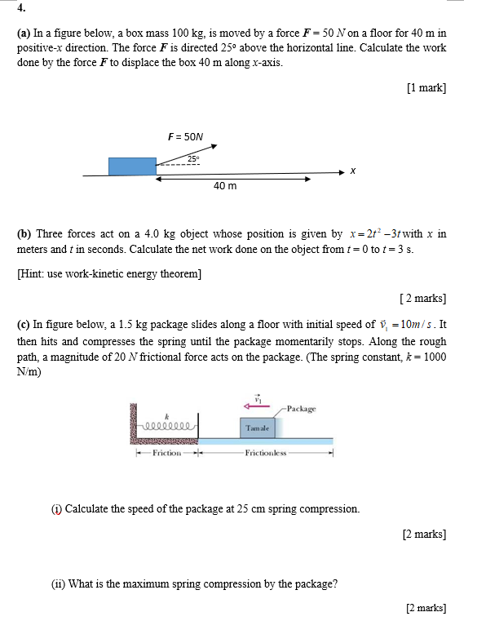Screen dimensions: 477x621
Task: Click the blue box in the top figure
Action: coord(132,166)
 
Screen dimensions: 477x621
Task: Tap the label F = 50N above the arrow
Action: coord(185,138)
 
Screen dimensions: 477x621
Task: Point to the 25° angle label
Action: coord(193,158)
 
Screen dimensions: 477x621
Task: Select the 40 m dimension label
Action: coord(225,186)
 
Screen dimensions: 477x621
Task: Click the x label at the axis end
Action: coord(352,171)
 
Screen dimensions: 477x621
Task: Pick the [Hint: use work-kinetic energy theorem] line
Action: coord(109,273)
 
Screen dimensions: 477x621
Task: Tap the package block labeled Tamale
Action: coord(258,428)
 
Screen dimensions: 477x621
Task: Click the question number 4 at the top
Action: coord(20,9)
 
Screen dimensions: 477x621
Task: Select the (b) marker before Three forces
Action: coord(24,233)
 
